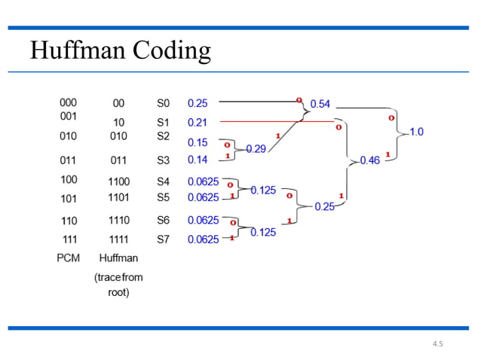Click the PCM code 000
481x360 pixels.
(x=68, y=102)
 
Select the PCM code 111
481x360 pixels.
(x=68, y=239)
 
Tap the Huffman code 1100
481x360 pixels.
(x=118, y=182)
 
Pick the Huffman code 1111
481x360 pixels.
(x=118, y=239)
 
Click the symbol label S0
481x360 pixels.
(x=164, y=102)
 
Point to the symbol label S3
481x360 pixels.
(x=164, y=160)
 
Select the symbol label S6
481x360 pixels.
(x=164, y=221)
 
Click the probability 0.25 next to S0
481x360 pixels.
(x=198, y=102)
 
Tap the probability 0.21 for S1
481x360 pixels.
(x=198, y=121)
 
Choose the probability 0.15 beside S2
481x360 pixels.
(x=198, y=142)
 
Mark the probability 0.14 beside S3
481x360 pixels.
(x=198, y=160)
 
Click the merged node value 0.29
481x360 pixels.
(x=256, y=149)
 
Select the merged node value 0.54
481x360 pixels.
(x=320, y=103)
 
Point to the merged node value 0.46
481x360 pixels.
(x=369, y=160)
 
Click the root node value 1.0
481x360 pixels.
(x=416, y=132)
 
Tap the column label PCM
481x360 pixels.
(x=69, y=258)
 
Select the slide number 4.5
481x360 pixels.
(x=438, y=344)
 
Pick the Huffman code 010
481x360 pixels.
(x=118, y=136)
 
